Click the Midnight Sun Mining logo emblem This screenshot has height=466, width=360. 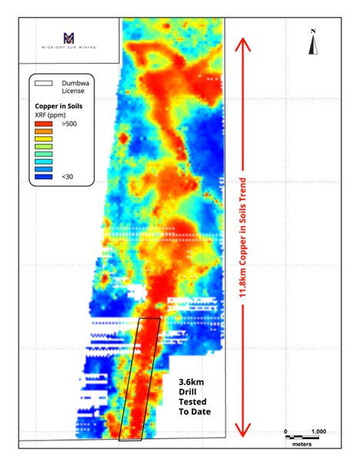(69, 38)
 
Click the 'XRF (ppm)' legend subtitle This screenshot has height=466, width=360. (53, 114)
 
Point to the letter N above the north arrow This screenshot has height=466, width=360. (313, 32)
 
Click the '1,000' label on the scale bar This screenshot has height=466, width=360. (318, 431)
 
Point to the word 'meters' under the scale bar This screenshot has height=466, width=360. (301, 445)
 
